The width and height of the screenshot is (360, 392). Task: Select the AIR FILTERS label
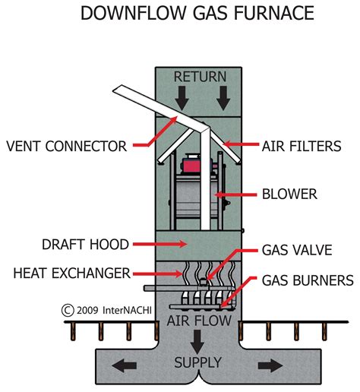click(302, 145)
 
